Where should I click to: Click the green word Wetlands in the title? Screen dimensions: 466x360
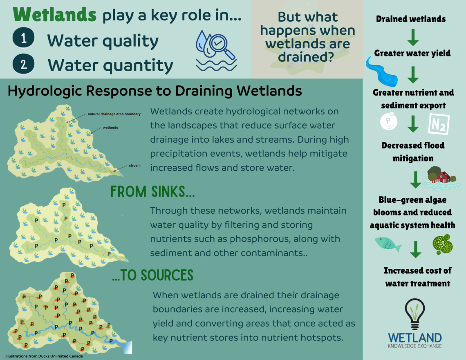tap(55, 15)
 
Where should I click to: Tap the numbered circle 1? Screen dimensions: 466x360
tap(23, 38)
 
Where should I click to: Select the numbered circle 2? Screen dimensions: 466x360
tap(23, 64)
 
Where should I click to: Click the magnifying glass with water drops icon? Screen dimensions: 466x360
tap(216, 51)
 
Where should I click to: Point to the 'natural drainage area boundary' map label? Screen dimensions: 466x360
tap(114, 114)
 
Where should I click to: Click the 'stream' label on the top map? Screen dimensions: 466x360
tap(134, 165)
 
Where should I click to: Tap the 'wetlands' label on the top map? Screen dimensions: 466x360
tap(110, 127)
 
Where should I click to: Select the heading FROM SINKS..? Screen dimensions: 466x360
tap(152, 192)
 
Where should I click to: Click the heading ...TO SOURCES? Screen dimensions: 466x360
tap(153, 275)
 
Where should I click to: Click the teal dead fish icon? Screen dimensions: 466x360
tap(388, 244)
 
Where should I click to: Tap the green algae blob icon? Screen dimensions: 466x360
tap(443, 244)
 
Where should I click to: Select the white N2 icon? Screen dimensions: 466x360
tap(439, 124)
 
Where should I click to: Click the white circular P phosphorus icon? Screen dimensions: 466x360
tap(389, 121)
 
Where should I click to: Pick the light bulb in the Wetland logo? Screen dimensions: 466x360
tap(415, 314)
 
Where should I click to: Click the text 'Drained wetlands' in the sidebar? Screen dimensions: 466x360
tap(411, 19)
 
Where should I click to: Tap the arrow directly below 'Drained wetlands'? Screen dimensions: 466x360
tap(413, 37)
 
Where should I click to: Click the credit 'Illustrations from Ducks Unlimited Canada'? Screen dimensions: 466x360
tap(44, 356)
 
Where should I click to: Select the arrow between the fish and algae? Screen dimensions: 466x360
tap(415, 249)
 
